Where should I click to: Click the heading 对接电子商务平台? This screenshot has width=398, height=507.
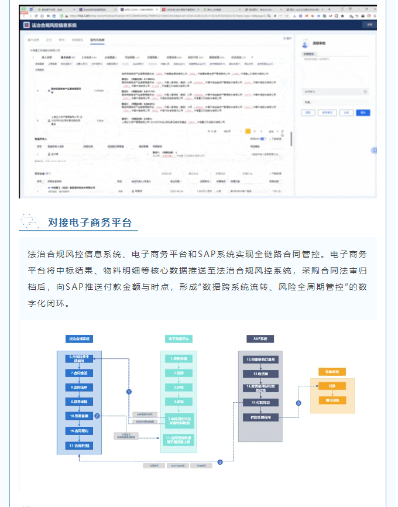point(90,222)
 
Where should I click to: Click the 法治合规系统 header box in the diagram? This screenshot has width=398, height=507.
point(79,338)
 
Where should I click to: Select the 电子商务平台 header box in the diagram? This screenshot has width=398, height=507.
point(179,338)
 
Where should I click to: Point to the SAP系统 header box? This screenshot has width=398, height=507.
point(260,338)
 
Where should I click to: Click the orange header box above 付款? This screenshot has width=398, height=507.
point(332,371)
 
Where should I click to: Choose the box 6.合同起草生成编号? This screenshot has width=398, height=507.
point(79,358)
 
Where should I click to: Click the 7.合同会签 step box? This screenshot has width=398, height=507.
point(79,372)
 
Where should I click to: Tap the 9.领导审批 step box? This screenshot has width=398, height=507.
point(79,402)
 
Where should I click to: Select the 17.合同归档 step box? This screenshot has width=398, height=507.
point(79,445)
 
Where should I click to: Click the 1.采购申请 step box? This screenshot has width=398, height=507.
point(179,358)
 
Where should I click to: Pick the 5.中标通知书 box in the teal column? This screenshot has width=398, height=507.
point(179,421)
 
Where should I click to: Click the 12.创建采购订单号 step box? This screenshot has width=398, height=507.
point(260,358)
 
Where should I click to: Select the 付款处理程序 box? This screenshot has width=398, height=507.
point(260,416)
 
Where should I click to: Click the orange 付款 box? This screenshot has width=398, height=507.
point(332,386)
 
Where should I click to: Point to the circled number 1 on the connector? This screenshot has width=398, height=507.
point(129,391)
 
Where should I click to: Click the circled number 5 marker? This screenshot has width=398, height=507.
point(298,403)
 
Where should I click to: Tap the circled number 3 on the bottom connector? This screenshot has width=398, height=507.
point(220,462)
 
